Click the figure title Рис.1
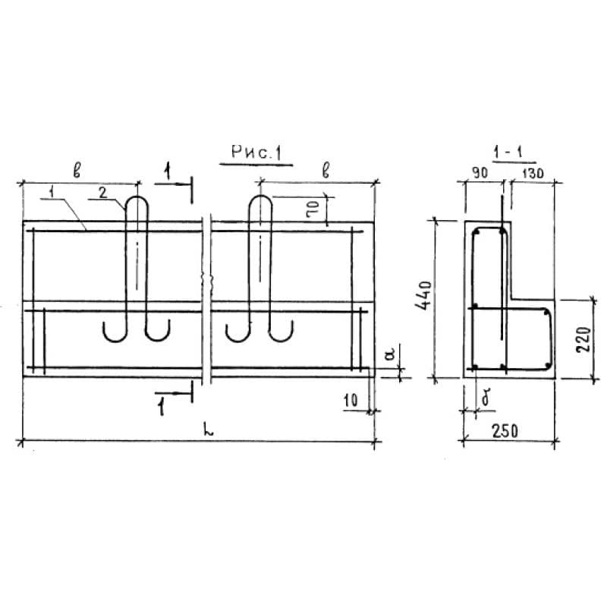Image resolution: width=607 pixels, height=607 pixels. [x=256, y=153]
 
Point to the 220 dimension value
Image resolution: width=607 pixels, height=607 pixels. [x=583, y=339]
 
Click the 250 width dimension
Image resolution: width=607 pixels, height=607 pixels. [x=505, y=431]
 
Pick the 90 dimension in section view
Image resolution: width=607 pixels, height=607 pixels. [x=480, y=173]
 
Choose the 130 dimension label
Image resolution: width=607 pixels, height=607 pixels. [x=533, y=174]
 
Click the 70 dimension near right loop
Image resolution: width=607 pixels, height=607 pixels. [x=313, y=209]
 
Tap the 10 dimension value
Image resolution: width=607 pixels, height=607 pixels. [x=351, y=401]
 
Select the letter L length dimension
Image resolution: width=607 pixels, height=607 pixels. [x=209, y=430]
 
